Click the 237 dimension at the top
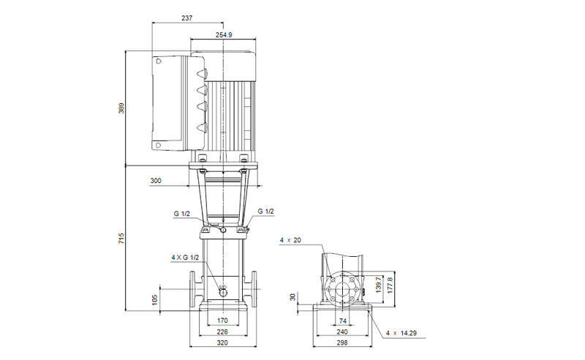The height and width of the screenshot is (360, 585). coord(186,18)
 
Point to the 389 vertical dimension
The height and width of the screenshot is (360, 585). coord(122,108)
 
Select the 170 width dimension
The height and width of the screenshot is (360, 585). coord(223,320)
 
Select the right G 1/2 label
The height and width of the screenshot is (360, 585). coord(266,211)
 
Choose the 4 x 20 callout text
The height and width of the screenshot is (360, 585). coord(290,240)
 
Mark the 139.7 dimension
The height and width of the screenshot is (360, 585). coord(378,283)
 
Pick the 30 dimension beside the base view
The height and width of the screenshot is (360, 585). coord(292,297)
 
